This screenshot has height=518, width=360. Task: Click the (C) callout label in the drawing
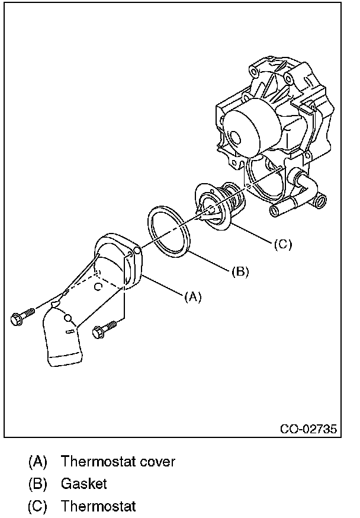pos(282,244)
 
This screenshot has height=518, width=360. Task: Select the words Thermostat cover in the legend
pos(118,461)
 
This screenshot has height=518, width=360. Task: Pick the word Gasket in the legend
pos(84,484)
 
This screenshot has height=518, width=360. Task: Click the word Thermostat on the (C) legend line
pos(98,506)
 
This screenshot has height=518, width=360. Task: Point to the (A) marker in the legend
pos(37,461)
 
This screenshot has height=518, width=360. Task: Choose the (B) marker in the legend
pos(37,484)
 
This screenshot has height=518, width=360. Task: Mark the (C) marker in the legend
pos(37,506)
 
